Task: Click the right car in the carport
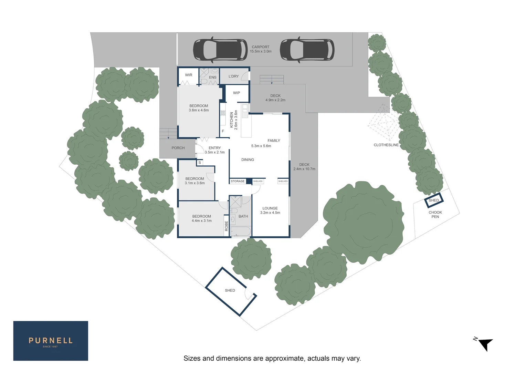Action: pos(307,49)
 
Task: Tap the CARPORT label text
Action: pos(261,47)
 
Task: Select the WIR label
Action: pos(189,75)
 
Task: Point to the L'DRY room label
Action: pos(233,76)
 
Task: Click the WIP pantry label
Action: pos(236,93)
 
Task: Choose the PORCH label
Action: pos(178,148)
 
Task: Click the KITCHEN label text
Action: pos(231,120)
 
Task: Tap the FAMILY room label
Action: pos(274,141)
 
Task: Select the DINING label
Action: pos(248,160)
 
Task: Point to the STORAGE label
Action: pos(238,181)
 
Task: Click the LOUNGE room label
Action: pos(270,208)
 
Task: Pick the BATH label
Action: pos(243,216)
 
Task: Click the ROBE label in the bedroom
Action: pos(227,226)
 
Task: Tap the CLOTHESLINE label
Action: pos(386,145)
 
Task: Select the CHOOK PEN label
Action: pos(435,215)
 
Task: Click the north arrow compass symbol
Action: pos(485,344)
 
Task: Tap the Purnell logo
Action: pos(51,341)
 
